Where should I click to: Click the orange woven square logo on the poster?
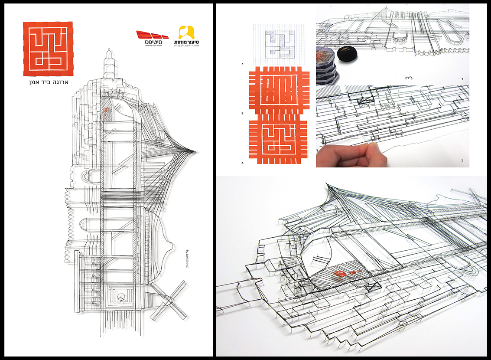click(x=48, y=48)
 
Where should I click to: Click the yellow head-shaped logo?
click(x=187, y=33)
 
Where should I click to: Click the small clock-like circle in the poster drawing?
click(x=122, y=297)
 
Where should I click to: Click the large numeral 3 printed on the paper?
click(x=409, y=78)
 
